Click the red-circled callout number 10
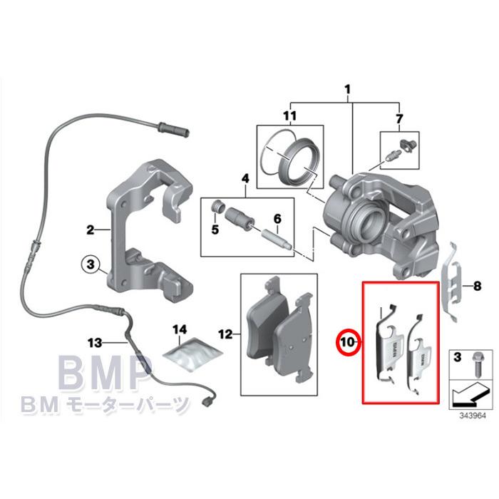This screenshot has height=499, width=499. pyautogui.click(x=348, y=342)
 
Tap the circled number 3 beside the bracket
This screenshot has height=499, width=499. pyautogui.click(x=91, y=264)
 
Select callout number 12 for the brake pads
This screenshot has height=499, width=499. pyautogui.click(x=225, y=334)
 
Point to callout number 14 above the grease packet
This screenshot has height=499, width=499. pyautogui.click(x=180, y=329)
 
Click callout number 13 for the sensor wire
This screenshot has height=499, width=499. pyautogui.click(x=95, y=342)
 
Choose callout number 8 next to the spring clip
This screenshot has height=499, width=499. pyautogui.click(x=477, y=286)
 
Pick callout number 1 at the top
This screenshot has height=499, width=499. pyautogui.click(x=348, y=89)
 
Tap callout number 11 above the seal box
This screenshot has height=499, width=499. pyautogui.click(x=289, y=115)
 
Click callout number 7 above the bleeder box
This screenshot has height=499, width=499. pyautogui.click(x=399, y=119)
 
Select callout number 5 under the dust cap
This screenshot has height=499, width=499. pyautogui.click(x=215, y=229)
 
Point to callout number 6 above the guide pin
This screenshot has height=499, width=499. pyautogui.click(x=277, y=219)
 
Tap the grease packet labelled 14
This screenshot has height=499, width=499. pyautogui.click(x=192, y=355)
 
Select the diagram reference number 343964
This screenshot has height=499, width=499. pyautogui.click(x=472, y=416)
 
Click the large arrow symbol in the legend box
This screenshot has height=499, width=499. pyautogui.click(x=470, y=393)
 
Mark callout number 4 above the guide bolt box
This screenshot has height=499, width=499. pyautogui.click(x=245, y=178)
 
